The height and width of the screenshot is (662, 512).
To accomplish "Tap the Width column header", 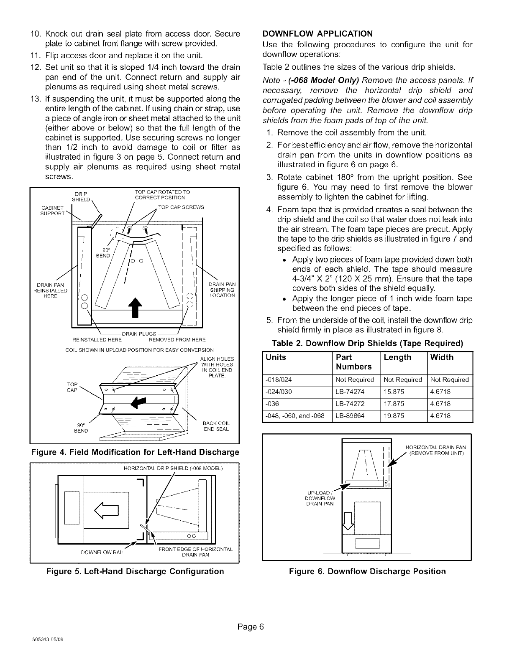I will [x=442, y=357].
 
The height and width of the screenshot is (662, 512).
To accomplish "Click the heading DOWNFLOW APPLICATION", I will [x=317, y=33].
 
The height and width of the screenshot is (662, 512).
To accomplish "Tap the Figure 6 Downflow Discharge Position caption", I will [x=367, y=571].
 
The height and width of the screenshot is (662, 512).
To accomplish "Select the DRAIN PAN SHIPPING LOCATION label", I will [x=221, y=290].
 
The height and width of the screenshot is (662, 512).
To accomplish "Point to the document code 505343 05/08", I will [x=46, y=652].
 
